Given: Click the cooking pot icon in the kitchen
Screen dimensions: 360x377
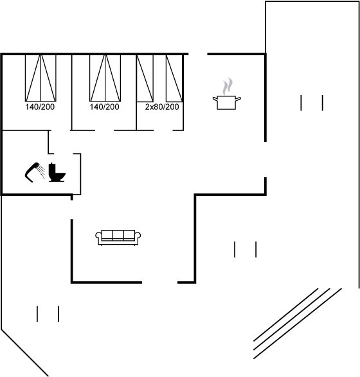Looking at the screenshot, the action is tap(226, 102).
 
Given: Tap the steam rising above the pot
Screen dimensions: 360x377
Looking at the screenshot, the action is tap(227, 86).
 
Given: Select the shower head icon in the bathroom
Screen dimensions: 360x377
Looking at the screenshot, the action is tap(32, 172).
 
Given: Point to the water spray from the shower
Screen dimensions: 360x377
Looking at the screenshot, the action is tap(42, 172).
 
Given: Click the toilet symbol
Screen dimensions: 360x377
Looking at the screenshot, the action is tap(57, 172).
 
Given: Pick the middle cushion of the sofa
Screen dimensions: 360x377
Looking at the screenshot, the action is tap(118, 235).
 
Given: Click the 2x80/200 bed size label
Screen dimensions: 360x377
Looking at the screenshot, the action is tap(162, 107).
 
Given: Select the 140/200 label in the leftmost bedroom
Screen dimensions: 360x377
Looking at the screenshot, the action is tap(40, 107).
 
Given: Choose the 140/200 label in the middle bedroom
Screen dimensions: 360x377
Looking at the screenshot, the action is tap(104, 107).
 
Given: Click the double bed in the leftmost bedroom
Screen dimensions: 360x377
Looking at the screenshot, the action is tap(40, 78).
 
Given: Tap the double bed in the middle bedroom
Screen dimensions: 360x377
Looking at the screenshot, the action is tap(105, 78).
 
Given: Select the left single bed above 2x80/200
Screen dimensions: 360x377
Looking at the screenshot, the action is tap(145, 78).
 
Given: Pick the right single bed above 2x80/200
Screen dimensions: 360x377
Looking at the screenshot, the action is tap(174, 78).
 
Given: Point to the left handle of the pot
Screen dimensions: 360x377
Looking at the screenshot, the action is tap(215, 98).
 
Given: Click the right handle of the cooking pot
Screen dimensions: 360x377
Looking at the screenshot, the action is tap(239, 98).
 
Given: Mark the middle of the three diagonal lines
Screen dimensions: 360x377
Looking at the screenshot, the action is tap(291, 319).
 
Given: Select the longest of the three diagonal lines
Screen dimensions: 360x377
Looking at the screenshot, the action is tap(298, 324).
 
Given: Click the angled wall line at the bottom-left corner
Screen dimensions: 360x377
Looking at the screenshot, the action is tap(25, 353).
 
